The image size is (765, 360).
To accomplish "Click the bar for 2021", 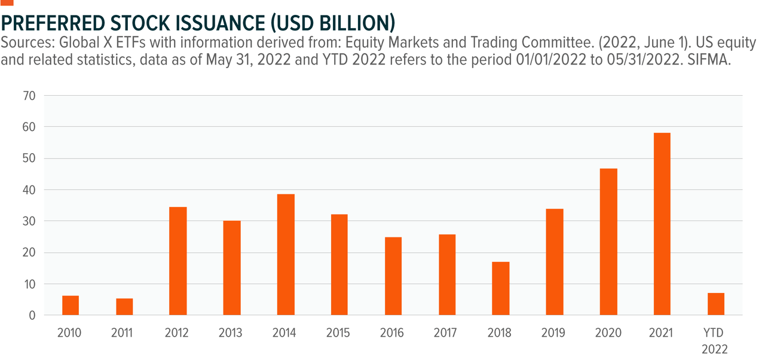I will coord(662,224).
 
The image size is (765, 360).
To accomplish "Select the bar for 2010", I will coord(71,305).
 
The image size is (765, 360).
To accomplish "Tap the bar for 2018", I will coord(501,288).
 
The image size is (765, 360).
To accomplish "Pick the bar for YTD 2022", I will coord(715,304).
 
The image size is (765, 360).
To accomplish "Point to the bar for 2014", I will coord(286,254).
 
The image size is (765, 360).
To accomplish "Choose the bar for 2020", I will coord(608,242).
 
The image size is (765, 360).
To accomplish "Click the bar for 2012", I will coord(178,261).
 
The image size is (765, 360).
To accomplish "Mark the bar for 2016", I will coord(393,276).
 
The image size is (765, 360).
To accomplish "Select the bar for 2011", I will coord(124,306).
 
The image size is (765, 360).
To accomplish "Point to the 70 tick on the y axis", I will coord(29,96).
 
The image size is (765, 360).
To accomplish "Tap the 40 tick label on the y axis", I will coord(29,190).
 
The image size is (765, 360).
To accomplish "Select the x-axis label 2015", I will coord(339,332).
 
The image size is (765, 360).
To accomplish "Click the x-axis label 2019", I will coord(554,332).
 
